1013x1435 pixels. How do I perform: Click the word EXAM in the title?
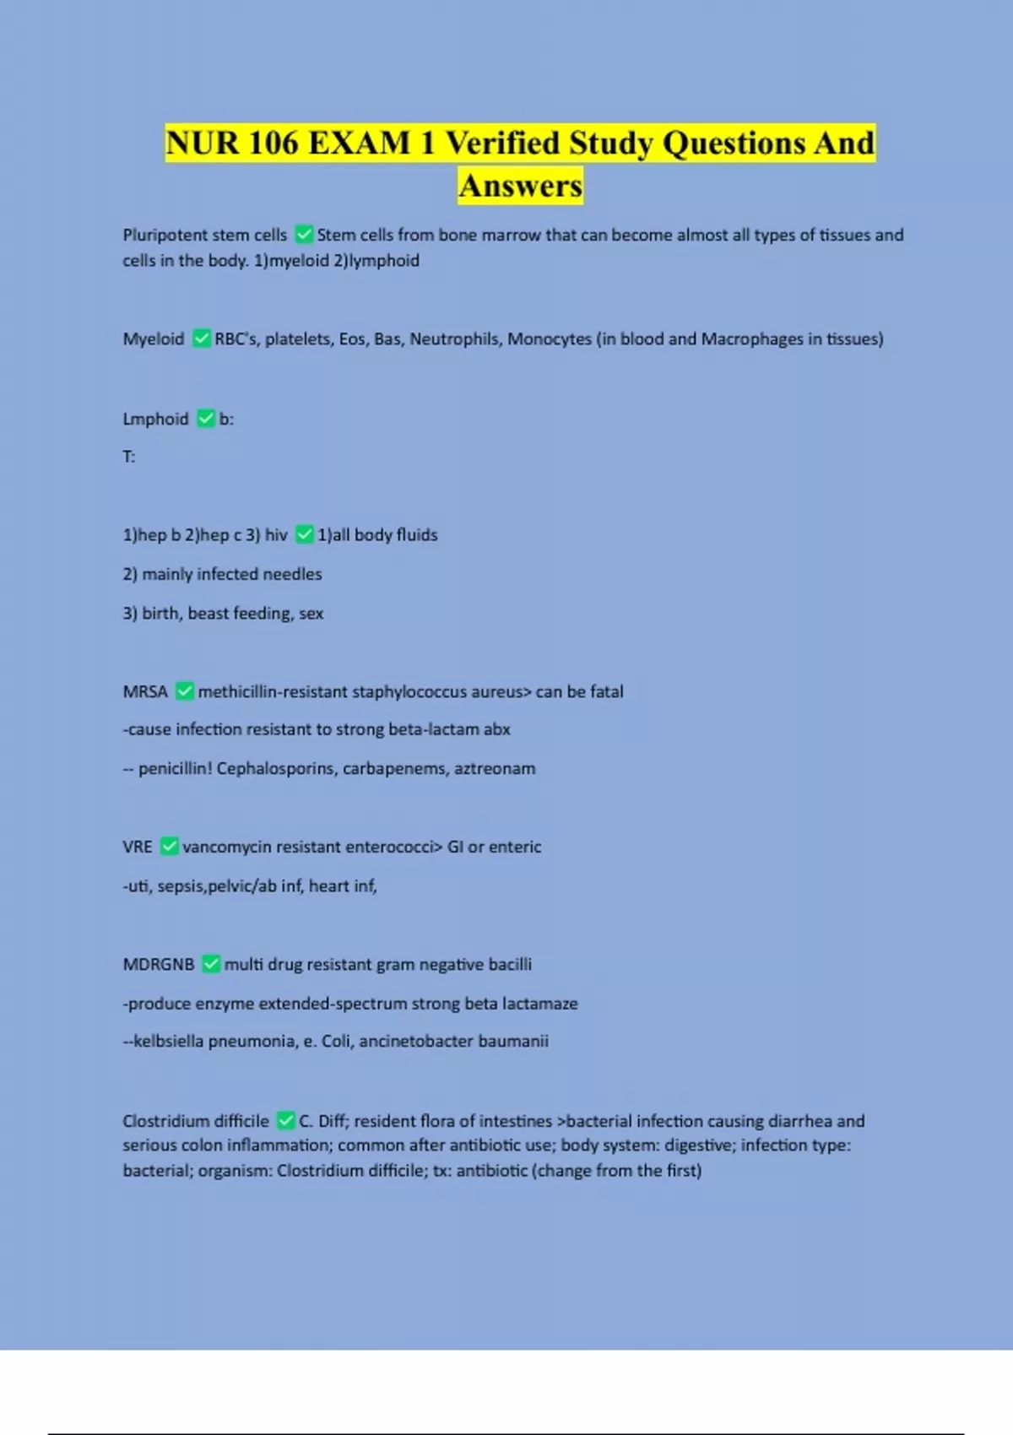pyautogui.click(x=359, y=143)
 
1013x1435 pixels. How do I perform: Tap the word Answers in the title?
pyautogui.click(x=521, y=186)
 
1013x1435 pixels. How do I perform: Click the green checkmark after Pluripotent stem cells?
pyautogui.click(x=305, y=235)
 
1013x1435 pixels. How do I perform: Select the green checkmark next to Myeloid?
pyautogui.click(x=202, y=338)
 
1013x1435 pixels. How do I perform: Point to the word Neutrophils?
pyautogui.click(x=455, y=338)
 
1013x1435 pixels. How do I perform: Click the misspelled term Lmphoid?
pyautogui.click(x=155, y=419)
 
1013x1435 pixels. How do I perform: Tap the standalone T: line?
pyautogui.click(x=129, y=457)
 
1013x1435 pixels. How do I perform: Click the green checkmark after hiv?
pyautogui.click(x=305, y=534)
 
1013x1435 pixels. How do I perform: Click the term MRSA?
pyautogui.click(x=145, y=691)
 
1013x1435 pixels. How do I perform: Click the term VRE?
pyautogui.click(x=138, y=847)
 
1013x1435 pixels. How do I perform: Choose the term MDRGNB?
pyautogui.click(x=159, y=964)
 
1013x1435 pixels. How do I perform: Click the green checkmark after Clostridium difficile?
pyautogui.click(x=286, y=1121)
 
